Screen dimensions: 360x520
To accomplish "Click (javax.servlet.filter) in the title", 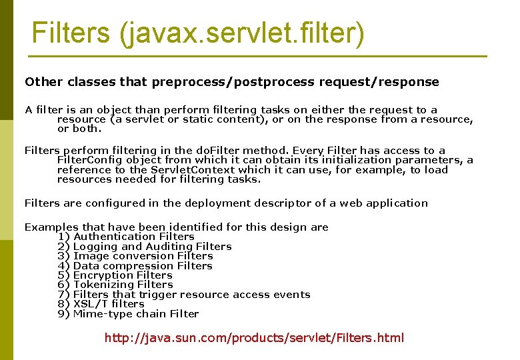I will coord(241,33).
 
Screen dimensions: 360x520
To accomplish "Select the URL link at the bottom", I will coord(254,337).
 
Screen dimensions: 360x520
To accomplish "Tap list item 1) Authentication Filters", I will coord(126,237).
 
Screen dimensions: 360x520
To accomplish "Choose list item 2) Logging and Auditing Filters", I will coord(145,247).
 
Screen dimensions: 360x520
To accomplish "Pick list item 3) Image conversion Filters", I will coord(135,256).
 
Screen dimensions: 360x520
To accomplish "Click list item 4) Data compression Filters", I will coord(135,266).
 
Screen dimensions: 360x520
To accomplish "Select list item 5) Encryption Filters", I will coord(115,275).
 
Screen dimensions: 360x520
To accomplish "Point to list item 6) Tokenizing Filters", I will coord(115,285).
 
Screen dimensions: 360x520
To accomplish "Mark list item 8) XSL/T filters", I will coord(101,304).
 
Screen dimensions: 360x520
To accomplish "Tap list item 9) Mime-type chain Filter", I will coord(129,314).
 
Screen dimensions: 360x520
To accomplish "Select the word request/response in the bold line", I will coord(379,82).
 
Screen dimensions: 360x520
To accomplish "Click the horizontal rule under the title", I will coord(260,56).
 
